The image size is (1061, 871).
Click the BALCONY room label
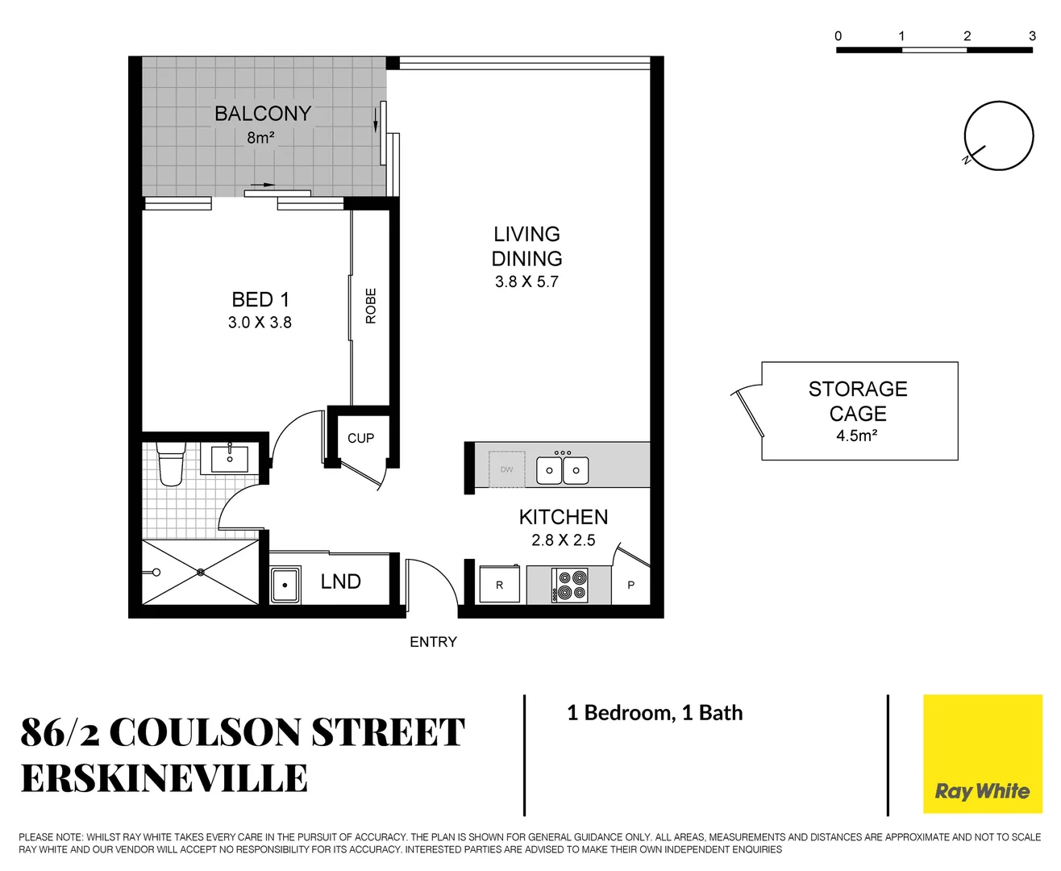tap(263, 114)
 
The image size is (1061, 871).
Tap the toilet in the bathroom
tap(171, 465)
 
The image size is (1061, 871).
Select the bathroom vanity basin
tap(230, 459)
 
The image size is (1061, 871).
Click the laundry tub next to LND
tap(285, 585)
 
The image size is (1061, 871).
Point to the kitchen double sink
tap(563, 469)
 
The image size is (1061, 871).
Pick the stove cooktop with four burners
tap(570, 586)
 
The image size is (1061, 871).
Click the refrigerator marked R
tap(500, 585)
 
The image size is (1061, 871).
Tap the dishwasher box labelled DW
tap(506, 469)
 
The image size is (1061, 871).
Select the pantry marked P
tap(630, 586)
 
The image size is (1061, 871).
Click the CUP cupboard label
tap(360, 438)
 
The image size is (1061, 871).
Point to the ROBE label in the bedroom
tap(371, 306)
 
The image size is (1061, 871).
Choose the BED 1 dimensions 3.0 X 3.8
tap(260, 323)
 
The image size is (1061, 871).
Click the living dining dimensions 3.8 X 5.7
tap(526, 282)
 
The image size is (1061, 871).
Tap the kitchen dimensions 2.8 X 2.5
tap(563, 540)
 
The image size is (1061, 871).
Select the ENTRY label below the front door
tap(433, 642)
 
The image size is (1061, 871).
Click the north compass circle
tap(998, 136)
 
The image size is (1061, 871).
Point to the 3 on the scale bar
tap(1032, 36)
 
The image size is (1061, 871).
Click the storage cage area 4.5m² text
tap(856, 436)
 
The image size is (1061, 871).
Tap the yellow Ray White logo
tap(982, 754)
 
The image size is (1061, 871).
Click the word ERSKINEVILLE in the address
tap(164, 779)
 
